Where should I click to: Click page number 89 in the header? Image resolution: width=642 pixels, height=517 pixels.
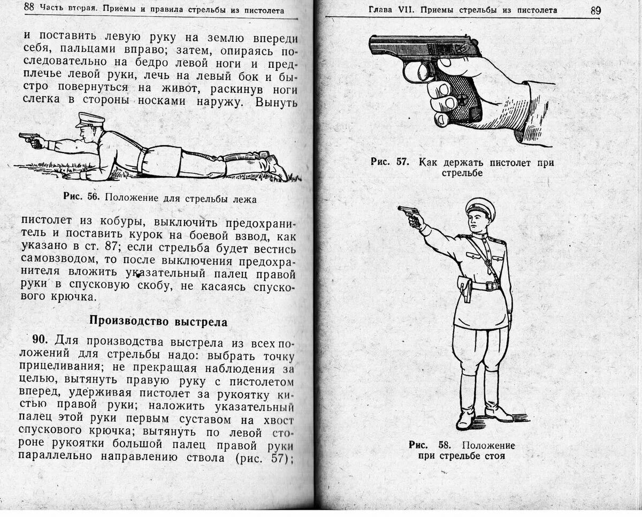(x=596, y=10)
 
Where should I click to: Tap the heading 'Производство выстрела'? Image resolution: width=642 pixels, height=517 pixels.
(x=158, y=322)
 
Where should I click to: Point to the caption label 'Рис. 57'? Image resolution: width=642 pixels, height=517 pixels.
(x=390, y=162)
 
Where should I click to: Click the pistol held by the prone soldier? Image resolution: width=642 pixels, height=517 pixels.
(x=29, y=138)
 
